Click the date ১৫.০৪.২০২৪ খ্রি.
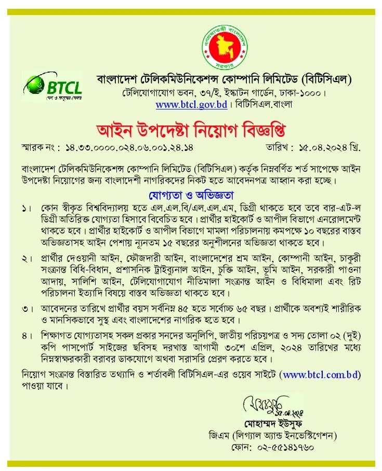coord(329,147)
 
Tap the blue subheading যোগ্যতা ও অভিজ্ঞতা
coord(191,195)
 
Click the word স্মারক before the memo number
coord(34,147)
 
